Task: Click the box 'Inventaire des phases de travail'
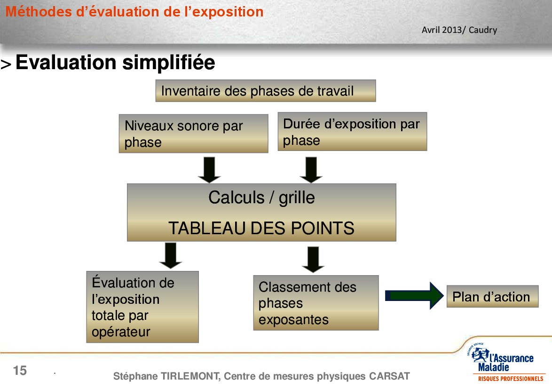coord(266,91)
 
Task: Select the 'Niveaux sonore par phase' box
coord(194,134)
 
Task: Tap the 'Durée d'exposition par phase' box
coord(352,132)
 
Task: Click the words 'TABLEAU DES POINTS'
coord(261,228)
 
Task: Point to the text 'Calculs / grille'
coord(261,198)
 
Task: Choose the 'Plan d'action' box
coord(492,296)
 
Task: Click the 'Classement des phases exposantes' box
coord(316,303)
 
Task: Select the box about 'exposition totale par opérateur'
coord(142,307)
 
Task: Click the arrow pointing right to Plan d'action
coord(414,296)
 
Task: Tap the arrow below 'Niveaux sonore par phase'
coord(209,170)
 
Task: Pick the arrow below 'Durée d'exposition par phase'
coord(311,170)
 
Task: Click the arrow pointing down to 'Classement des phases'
coord(313,260)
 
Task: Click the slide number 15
coord(20,371)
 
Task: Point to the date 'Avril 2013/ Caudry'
coord(459,30)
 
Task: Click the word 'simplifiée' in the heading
coord(169,63)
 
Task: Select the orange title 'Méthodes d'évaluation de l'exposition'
coord(134,12)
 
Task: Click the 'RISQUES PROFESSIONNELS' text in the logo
coord(511,379)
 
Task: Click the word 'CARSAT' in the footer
coord(389,376)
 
